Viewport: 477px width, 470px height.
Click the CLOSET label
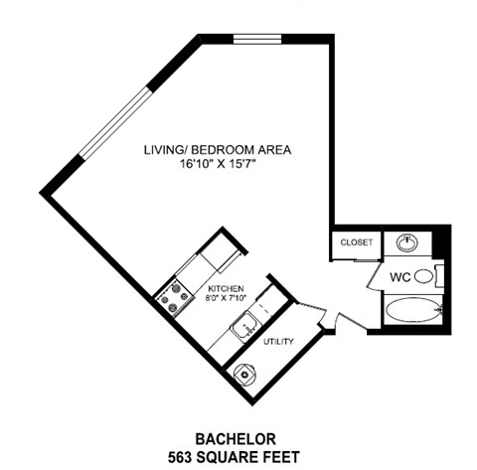tap(356, 242)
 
